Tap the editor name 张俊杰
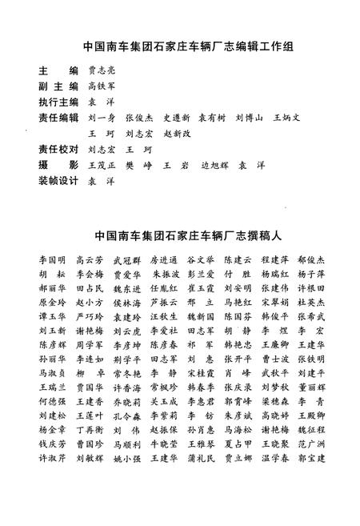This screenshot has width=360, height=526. pos(139,118)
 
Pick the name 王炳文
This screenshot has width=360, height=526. pos(286,118)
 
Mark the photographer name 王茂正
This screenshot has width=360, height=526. pos(102,165)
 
